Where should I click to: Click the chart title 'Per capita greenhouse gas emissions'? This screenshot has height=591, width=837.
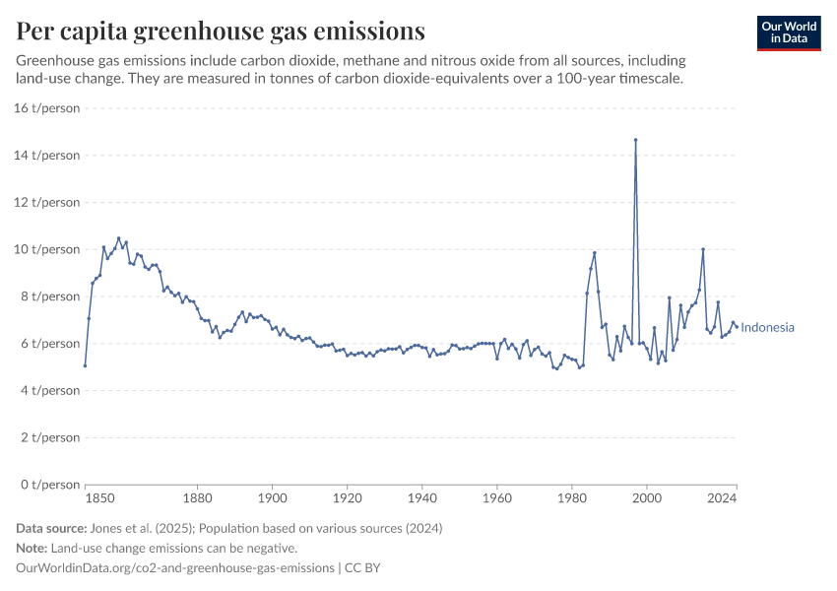point(221,32)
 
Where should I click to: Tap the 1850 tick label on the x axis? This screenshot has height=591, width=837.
point(86,499)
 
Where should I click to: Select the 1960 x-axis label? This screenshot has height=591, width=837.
point(497,499)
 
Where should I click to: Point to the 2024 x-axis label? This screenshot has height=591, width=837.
point(723,499)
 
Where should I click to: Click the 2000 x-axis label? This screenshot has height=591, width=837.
point(647,499)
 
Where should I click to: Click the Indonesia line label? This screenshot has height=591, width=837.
point(768,328)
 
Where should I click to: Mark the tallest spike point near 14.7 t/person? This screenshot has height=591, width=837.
point(636,140)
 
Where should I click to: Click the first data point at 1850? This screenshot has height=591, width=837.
point(86,365)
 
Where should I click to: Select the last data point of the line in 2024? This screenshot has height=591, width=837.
point(736,327)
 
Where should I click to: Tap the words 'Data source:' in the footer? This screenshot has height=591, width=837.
point(55,528)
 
